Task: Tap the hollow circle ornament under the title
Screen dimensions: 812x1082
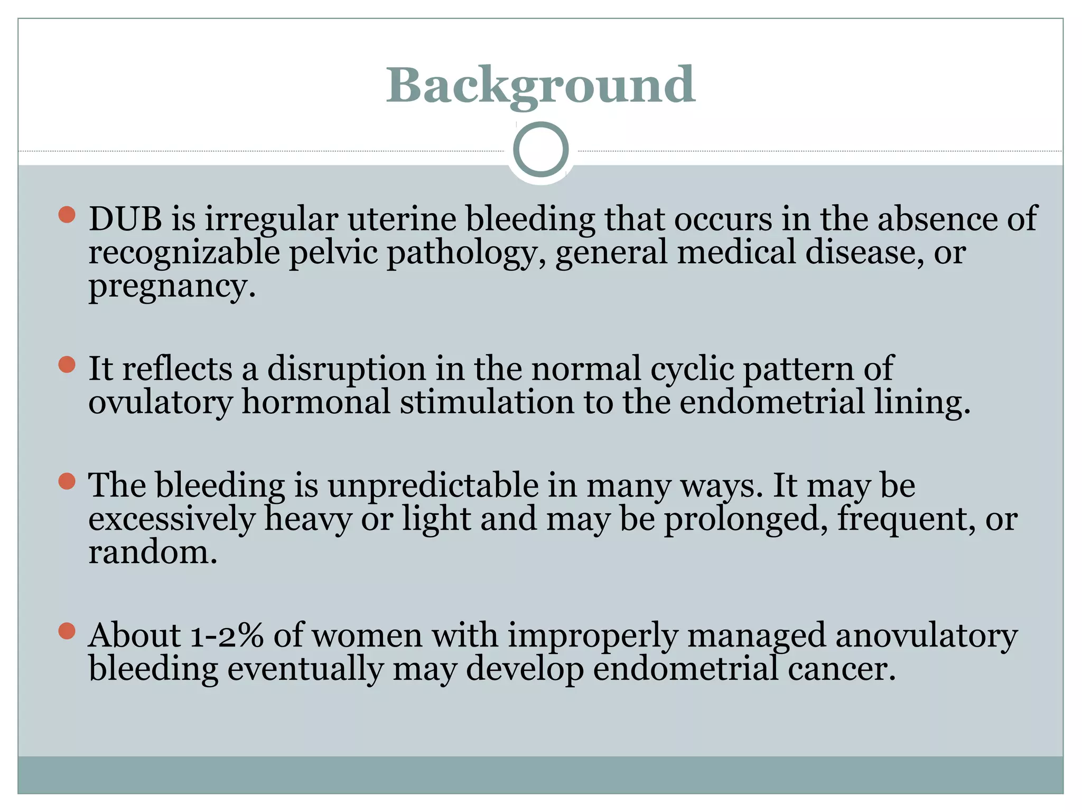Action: click(540, 149)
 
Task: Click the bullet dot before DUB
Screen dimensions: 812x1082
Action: click(67, 215)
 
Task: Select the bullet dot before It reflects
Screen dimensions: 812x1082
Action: click(67, 365)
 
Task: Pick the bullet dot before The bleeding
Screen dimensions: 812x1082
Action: click(67, 481)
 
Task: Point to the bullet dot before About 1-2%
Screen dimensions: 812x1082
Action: click(67, 631)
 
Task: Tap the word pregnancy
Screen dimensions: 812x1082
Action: click(172, 287)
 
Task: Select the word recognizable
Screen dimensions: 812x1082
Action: click(184, 253)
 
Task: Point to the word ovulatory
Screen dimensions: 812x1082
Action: click(160, 402)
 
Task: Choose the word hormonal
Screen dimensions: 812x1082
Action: click(315, 402)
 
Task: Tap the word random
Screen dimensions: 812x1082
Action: click(153, 552)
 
